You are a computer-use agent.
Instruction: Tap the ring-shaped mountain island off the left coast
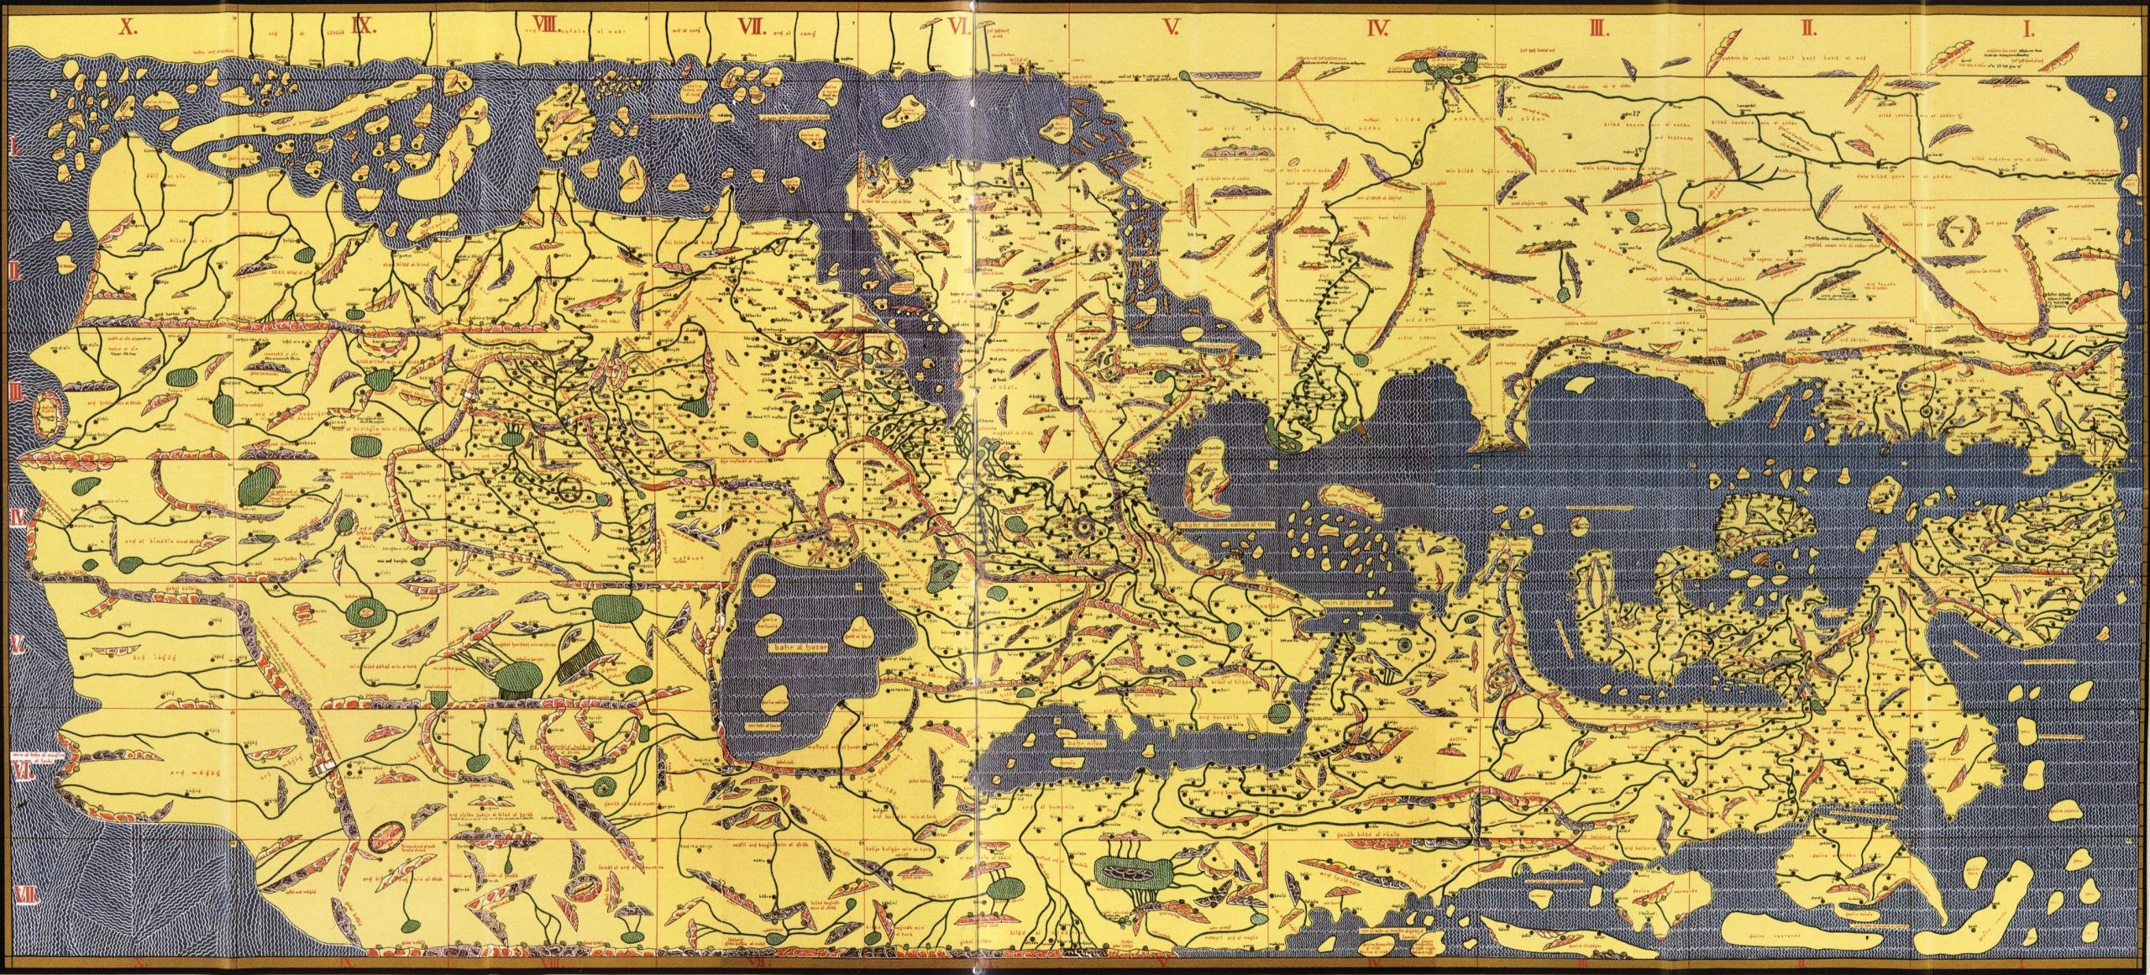click(x=49, y=412)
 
